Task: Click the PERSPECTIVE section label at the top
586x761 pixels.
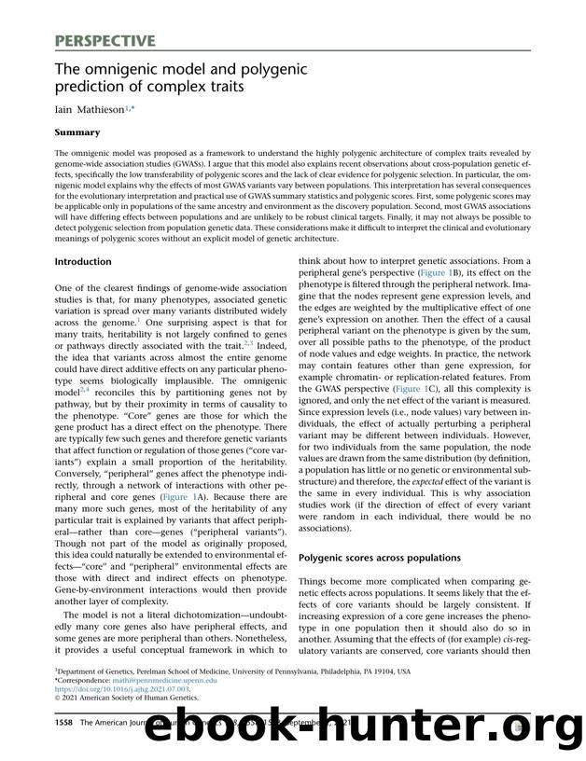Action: [x=104, y=40]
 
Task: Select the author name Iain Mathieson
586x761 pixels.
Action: [x=94, y=112]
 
